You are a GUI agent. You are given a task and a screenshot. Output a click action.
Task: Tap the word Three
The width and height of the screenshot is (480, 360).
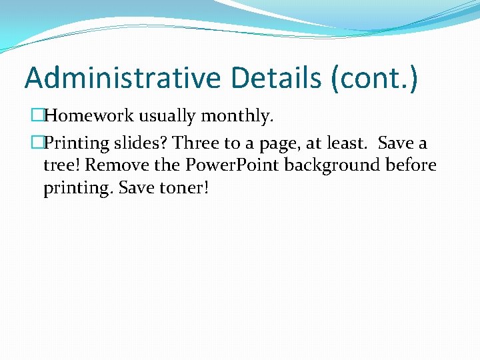point(197,143)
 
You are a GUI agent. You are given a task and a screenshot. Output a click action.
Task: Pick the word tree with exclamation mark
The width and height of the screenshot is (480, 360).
point(61,165)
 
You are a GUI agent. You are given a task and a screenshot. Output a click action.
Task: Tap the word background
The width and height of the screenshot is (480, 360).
point(337,165)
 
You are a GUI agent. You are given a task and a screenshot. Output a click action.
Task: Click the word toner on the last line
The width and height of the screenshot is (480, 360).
point(184,188)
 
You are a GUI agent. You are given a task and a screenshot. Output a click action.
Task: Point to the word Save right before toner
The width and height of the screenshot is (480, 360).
point(136,188)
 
